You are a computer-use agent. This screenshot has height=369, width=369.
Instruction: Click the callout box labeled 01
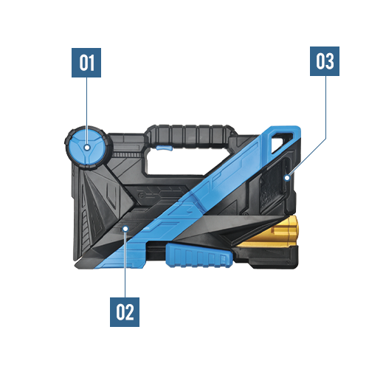tap(86, 63)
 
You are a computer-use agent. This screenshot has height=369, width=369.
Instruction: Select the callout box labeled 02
tap(125, 312)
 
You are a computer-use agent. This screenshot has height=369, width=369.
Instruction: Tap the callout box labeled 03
tap(325, 61)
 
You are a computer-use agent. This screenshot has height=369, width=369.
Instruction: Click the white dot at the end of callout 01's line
tap(87, 148)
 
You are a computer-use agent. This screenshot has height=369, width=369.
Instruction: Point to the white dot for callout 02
tap(125, 229)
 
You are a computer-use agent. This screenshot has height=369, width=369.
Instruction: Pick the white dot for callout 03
tap(287, 177)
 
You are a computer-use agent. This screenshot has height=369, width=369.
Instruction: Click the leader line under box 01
tap(86, 111)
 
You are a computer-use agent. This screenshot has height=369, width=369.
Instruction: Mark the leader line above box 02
tap(125, 264)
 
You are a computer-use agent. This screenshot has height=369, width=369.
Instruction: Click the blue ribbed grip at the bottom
tap(199, 256)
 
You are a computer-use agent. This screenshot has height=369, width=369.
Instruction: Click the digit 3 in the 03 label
tap(330, 61)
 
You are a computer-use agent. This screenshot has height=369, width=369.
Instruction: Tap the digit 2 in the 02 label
tap(130, 312)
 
